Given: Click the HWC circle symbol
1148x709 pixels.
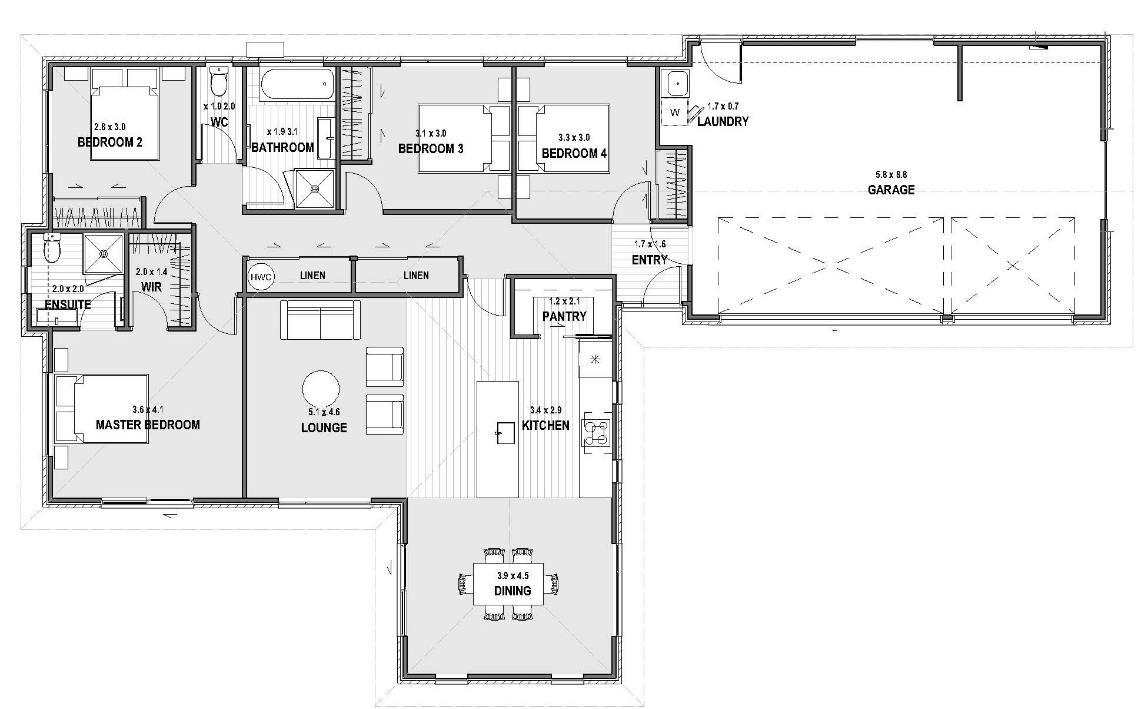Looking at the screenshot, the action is pos(262,277).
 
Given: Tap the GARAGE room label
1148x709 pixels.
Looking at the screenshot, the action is pos(891,190).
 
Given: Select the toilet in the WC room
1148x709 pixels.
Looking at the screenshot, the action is pos(219,81).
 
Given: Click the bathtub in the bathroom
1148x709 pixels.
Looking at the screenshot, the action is pos(297,85).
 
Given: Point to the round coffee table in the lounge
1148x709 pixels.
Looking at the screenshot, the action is pos(321,389).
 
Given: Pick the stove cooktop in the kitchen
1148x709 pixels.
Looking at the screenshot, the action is pos(596,433).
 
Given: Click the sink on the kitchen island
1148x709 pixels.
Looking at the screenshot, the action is pos(505,433).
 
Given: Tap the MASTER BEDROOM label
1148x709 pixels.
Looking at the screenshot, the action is pos(148,425).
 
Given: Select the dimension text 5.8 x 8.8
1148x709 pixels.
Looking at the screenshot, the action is pos(891,175).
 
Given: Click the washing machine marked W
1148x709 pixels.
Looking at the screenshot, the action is pos(674,112).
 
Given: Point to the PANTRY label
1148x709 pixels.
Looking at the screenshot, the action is pos(564,316).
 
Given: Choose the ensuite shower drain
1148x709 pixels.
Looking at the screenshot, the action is pos(104,254).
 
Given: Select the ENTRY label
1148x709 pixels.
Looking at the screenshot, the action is pos(650,260).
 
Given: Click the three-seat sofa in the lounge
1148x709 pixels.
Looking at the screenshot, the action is pos(320,320).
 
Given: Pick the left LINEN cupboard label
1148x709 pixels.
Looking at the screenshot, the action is pos(312,275).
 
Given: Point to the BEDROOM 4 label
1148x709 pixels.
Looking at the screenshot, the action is pos(574,154).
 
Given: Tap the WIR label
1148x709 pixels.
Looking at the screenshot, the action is pos(151,287).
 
